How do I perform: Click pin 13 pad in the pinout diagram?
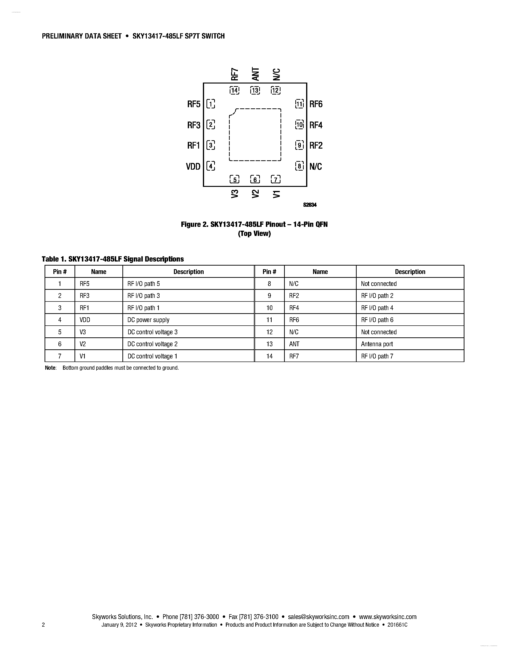[x=255, y=90]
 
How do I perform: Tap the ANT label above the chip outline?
[x=255, y=74]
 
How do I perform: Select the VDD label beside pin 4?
[x=193, y=166]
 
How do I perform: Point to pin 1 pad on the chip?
[x=211, y=104]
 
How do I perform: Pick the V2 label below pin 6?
[x=255, y=194]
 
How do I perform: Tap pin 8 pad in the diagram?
[x=299, y=166]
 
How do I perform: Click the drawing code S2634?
[x=310, y=205]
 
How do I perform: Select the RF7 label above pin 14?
[x=234, y=74]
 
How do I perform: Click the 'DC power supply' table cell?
[x=148, y=320]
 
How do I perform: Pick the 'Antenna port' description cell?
[x=377, y=344]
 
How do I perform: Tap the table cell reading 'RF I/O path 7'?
[x=377, y=356]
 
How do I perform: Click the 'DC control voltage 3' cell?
[x=153, y=332]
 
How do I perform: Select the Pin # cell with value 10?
[x=269, y=308]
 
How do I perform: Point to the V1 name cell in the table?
[x=83, y=356]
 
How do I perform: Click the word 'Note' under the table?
[x=50, y=368]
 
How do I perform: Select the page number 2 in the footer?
[x=43, y=625]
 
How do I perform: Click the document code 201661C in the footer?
[x=397, y=625]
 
